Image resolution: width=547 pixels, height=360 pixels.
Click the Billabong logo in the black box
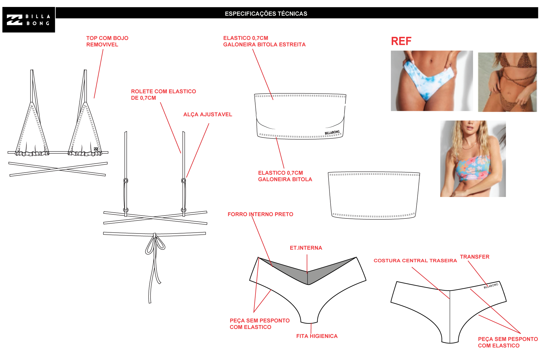pyautogui.click(x=28, y=20)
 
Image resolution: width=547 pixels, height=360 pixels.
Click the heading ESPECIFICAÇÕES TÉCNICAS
pyautogui.click(x=266, y=14)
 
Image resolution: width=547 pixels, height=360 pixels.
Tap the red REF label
pyautogui.click(x=401, y=41)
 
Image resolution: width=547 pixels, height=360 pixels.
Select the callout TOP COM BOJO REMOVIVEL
pyautogui.click(x=107, y=41)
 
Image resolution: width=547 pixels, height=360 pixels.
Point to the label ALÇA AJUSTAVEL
pyautogui.click(x=208, y=114)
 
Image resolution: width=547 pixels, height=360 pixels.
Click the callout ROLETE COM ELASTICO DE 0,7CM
pyautogui.click(x=164, y=95)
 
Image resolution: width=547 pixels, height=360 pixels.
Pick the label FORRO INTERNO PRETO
pyautogui.click(x=260, y=214)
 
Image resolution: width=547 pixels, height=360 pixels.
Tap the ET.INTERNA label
pyautogui.click(x=306, y=248)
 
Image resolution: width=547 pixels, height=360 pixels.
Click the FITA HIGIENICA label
pyautogui.click(x=317, y=336)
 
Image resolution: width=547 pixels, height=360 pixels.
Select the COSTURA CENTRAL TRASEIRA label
pyautogui.click(x=415, y=260)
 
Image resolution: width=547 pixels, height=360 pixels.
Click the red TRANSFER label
pyautogui.click(x=475, y=257)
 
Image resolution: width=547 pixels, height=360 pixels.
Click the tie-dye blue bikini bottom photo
pyautogui.click(x=432, y=81)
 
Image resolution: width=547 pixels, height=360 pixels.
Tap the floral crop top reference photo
pyautogui.click(x=473, y=159)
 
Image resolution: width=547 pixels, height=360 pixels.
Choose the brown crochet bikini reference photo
pyautogui.click(x=508, y=82)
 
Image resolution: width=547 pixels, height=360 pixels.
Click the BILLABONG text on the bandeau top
pyautogui.click(x=332, y=133)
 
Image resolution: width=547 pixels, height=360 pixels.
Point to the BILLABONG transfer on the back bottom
pyautogui.click(x=491, y=286)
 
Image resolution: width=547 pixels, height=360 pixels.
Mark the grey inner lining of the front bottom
pyautogui.click(x=307, y=271)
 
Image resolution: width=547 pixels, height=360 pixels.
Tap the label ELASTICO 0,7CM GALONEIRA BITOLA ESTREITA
pyautogui.click(x=265, y=41)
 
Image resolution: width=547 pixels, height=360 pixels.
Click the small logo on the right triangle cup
pyautogui.click(x=96, y=149)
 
